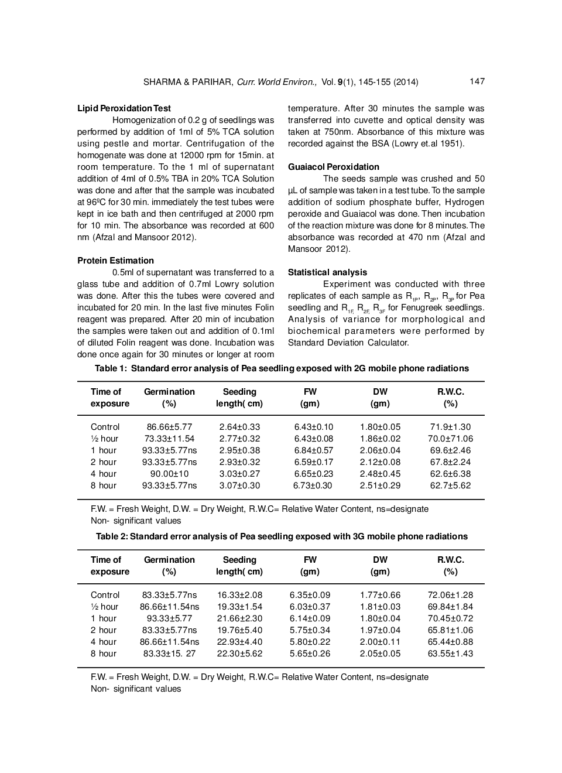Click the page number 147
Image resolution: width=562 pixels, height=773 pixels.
click(477, 81)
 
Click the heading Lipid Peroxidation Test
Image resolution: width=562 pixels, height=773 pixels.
click(124, 108)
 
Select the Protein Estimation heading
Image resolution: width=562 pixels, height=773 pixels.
click(115, 261)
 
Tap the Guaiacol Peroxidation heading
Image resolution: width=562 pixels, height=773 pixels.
click(333, 167)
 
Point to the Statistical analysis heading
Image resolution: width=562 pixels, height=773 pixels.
click(327, 272)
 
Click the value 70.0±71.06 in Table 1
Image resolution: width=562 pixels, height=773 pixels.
click(450, 439)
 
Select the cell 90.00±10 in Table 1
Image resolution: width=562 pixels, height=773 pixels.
click(169, 474)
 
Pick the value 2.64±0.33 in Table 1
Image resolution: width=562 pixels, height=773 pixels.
click(239, 427)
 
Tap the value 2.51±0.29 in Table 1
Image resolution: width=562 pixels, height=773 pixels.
click(380, 485)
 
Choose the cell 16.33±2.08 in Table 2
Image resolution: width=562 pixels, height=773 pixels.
click(239, 595)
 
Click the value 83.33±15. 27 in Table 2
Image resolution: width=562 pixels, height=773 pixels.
click(169, 654)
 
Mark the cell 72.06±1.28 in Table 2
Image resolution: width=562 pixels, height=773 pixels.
click(450, 595)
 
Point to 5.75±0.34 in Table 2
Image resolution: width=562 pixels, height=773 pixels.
click(310, 630)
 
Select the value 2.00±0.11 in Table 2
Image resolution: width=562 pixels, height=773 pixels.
click(380, 642)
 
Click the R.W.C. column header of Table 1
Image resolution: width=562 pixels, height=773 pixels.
click(450, 392)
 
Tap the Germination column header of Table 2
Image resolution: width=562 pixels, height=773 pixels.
click(169, 560)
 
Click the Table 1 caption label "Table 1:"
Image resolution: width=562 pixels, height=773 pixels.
click(111, 368)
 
